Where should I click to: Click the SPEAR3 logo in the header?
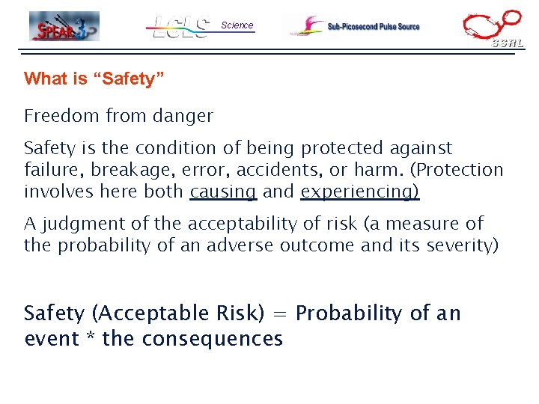pos(64,26)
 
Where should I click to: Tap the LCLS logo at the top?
pos(180,27)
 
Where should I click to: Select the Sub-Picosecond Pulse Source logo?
pos(356,26)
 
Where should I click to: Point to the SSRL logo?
pos(493,28)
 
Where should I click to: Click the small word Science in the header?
pos(237,25)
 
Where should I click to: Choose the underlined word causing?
pos(224,192)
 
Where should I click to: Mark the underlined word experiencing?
pos(360,192)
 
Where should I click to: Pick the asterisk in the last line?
pos(90,339)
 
